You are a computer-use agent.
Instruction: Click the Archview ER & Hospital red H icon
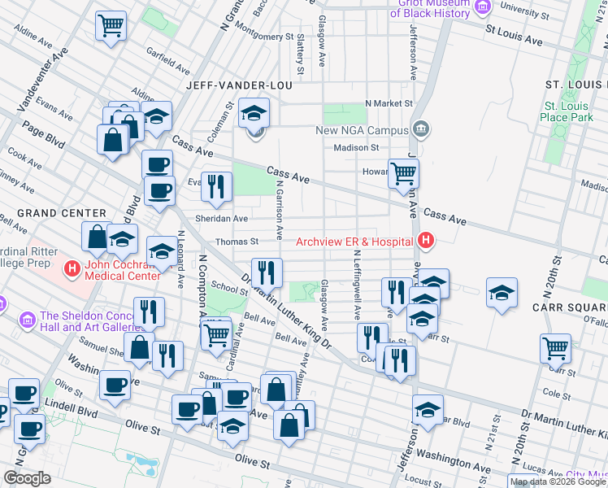pos(424,241)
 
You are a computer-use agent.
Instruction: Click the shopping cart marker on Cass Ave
pos(403,172)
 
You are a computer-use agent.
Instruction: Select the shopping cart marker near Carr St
pos(555,347)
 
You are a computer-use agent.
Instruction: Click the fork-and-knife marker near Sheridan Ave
pos(216,185)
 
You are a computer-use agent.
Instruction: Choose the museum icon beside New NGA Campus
pos(421,129)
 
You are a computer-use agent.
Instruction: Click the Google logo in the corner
pos(27,478)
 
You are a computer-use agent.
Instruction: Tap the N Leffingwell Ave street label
pos(356,283)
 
